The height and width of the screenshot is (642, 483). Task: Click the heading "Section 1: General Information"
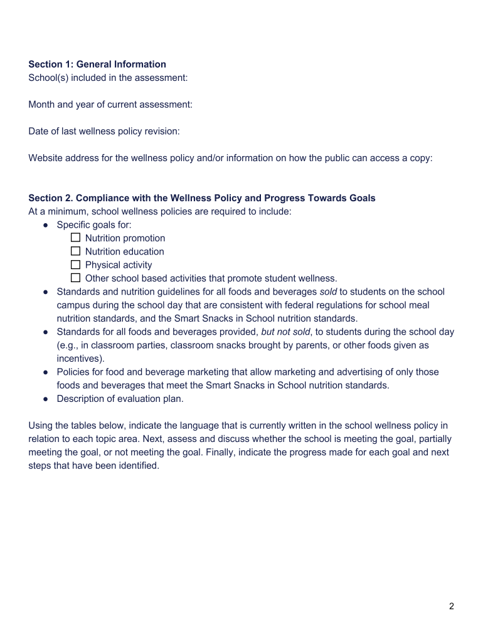click(97, 64)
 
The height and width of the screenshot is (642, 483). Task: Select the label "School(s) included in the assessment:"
click(108, 78)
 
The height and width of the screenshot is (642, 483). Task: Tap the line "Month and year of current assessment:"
click(110, 104)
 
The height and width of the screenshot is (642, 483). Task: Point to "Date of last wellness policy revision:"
click(104, 131)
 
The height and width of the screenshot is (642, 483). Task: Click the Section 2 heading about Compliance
click(202, 198)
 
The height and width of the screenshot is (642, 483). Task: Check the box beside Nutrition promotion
click(76, 238)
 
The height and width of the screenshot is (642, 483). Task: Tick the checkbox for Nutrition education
click(76, 251)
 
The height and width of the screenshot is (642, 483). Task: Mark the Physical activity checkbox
click(76, 265)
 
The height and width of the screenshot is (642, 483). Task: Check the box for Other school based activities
click(76, 278)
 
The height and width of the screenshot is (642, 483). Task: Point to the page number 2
click(451, 606)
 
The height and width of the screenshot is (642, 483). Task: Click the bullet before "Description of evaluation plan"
click(46, 399)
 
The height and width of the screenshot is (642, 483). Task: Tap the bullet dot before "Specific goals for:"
click(46, 224)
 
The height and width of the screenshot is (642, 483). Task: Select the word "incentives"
click(80, 359)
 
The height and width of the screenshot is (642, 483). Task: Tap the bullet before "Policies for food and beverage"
click(46, 372)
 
